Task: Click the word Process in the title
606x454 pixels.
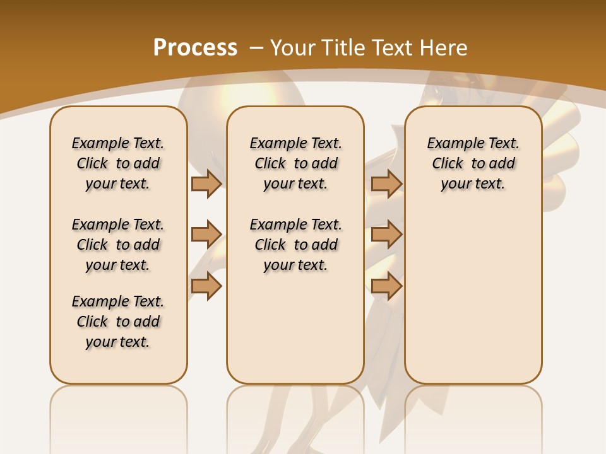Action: [195, 48]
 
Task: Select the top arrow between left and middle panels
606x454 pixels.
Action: [206, 183]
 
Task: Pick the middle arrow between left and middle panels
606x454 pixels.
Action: [206, 235]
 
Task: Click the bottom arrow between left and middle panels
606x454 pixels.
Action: [206, 286]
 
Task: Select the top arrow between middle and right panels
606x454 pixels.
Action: [386, 183]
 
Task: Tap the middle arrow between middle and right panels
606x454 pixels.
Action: [386, 235]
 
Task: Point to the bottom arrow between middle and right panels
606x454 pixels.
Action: [386, 286]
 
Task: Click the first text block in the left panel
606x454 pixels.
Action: [117, 163]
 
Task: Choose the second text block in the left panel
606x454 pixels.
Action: [117, 245]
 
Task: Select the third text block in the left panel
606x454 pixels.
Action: [117, 322]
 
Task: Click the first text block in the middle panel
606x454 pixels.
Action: [295, 163]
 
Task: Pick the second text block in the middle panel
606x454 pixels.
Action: [295, 245]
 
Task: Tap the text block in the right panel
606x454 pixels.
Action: [473, 163]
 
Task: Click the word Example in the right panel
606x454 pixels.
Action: [451, 144]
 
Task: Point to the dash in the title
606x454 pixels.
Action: [257, 48]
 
